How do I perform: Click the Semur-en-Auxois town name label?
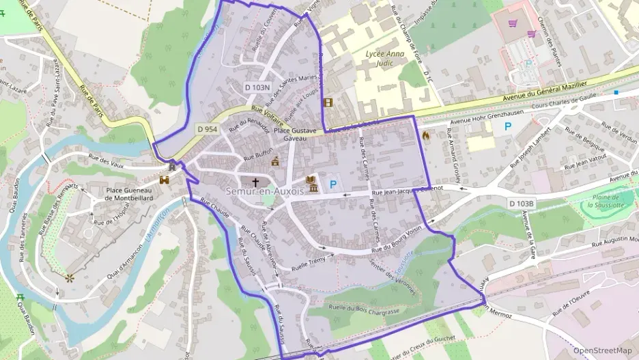tap(264, 192)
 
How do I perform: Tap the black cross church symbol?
tap(256, 182)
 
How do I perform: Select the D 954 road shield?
tap(207, 128)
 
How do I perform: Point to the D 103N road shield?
tap(257, 87)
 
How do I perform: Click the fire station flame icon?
tap(427, 135)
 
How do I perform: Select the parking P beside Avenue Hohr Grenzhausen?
tap(507, 126)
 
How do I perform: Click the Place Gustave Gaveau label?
tap(295, 133)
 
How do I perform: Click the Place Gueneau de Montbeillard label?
tap(128, 193)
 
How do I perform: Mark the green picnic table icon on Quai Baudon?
tap(20, 297)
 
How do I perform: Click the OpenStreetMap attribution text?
tap(602, 350)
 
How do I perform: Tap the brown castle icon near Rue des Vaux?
tap(164, 180)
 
